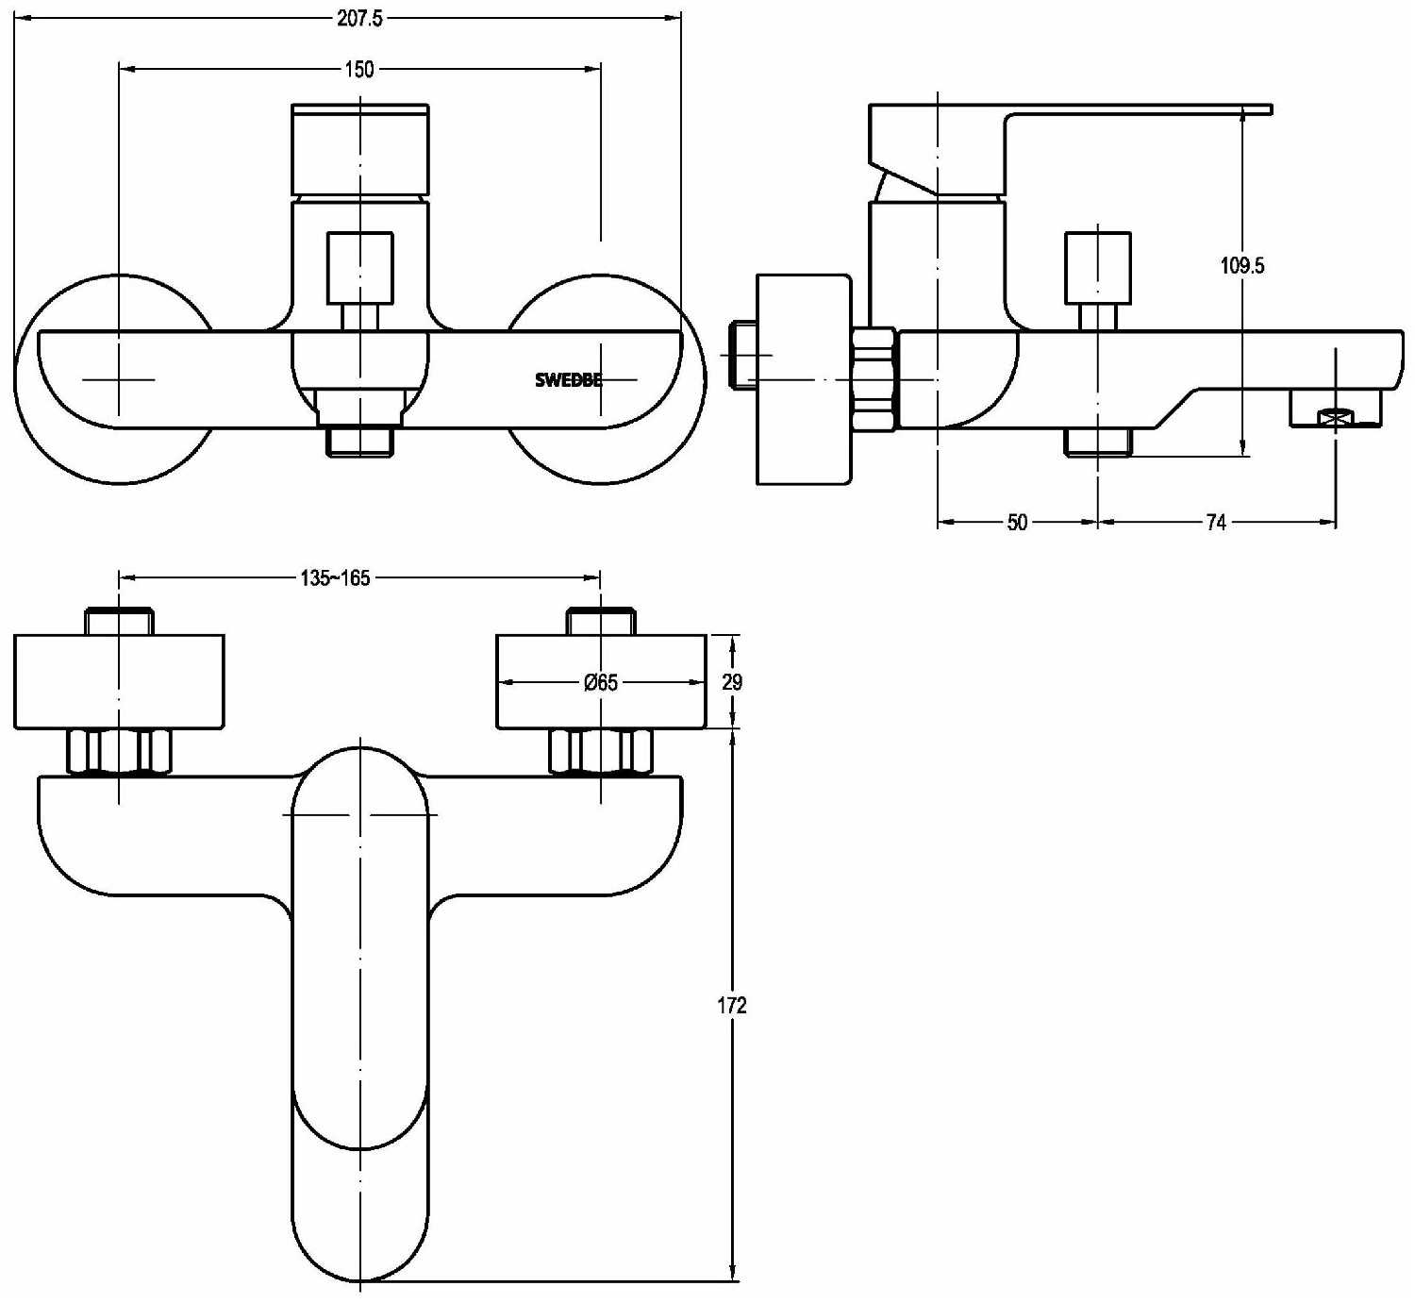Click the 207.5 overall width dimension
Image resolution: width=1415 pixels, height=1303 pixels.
click(x=359, y=18)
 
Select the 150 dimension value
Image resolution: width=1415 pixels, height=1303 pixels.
click(x=359, y=69)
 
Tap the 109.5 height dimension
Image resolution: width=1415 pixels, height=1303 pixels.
click(x=1242, y=265)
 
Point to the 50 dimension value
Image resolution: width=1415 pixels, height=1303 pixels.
click(x=1017, y=523)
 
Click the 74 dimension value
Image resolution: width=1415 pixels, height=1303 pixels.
click(x=1216, y=523)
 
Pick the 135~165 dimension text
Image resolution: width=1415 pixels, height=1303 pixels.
click(x=335, y=578)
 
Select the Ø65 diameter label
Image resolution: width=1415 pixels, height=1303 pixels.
click(x=601, y=682)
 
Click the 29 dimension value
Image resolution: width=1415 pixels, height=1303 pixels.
click(x=732, y=682)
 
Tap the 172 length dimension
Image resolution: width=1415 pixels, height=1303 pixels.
click(x=731, y=1005)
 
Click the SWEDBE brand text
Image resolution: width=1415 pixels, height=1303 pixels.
click(x=569, y=379)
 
